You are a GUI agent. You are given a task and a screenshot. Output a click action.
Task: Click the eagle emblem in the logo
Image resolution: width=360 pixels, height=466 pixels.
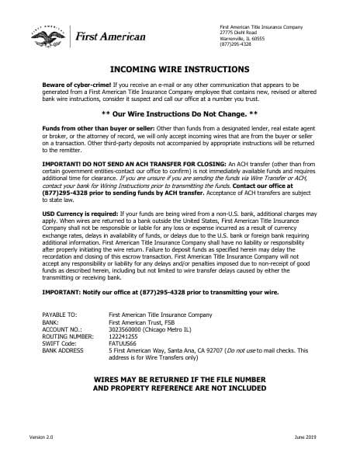46,36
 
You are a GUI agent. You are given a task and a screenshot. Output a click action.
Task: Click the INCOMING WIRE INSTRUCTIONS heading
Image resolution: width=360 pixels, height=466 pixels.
179,69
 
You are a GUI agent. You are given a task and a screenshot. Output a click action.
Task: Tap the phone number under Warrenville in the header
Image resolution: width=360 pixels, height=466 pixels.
236,43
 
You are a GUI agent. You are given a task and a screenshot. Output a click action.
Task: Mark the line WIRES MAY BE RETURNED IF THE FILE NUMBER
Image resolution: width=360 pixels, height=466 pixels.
179,379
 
